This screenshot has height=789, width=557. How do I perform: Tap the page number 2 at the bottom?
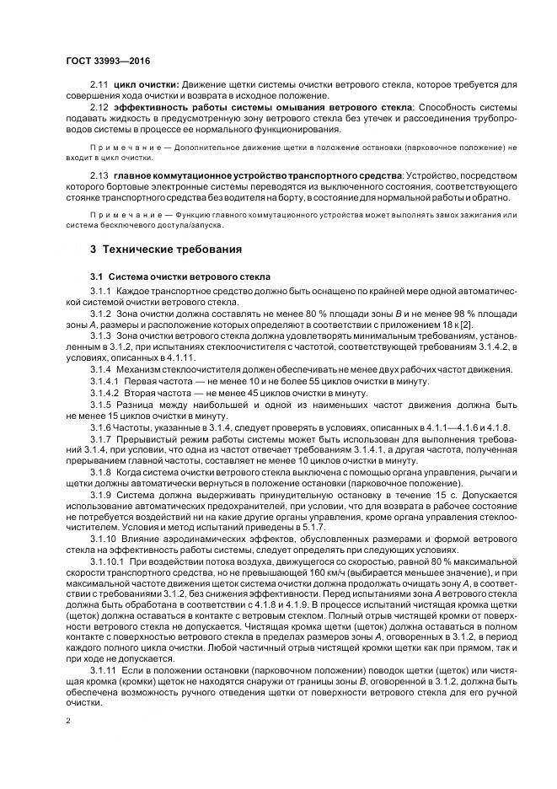[x=67, y=722]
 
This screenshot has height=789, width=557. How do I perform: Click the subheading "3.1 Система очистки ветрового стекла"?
[x=179, y=276]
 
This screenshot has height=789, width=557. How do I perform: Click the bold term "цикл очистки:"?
[x=146, y=84]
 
